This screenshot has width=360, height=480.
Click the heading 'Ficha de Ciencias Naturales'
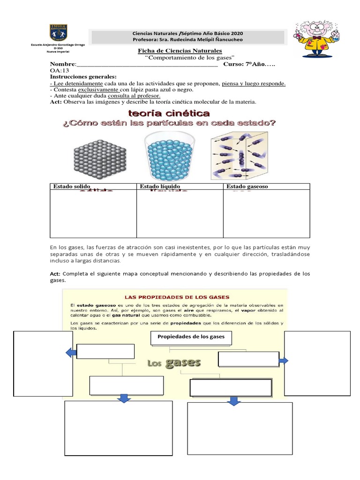(x=180, y=51)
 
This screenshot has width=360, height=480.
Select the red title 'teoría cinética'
(x=169, y=113)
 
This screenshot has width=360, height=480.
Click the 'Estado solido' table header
(x=71, y=187)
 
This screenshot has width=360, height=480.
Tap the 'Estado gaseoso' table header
(x=247, y=187)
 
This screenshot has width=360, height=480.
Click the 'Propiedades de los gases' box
(x=191, y=337)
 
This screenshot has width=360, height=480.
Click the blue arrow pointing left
(x=71, y=352)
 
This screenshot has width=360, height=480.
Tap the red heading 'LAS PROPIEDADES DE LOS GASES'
(x=176, y=297)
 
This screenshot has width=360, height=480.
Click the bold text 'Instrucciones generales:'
(x=83, y=77)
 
